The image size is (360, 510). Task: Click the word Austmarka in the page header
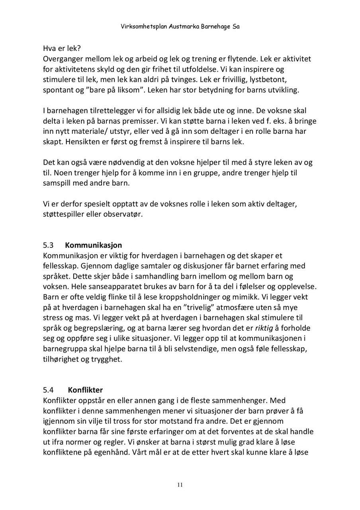[184, 27]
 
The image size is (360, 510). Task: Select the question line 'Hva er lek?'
[62, 49]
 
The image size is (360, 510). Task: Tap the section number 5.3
[48, 245]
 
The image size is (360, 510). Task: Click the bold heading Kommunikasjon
[93, 245]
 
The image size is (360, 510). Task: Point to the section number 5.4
[49, 390]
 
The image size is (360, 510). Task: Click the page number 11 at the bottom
[180, 485]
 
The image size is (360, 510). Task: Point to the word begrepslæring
[96, 328]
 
